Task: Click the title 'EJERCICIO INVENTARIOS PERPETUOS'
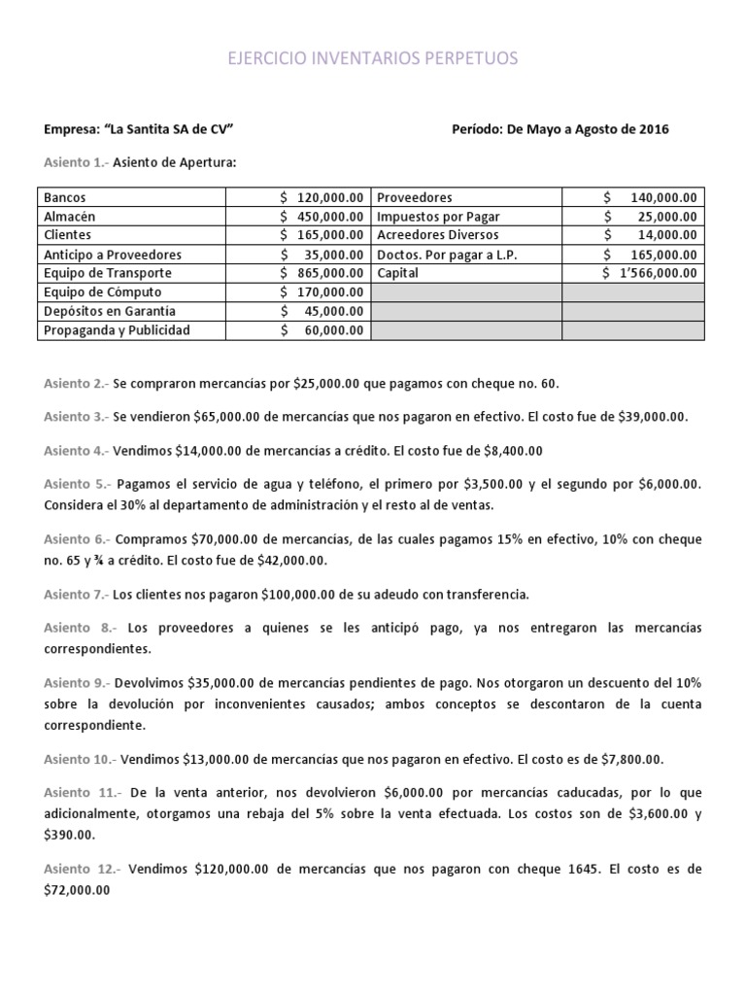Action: [x=373, y=59]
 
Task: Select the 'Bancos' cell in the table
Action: [x=66, y=197]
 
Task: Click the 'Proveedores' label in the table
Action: [x=414, y=197]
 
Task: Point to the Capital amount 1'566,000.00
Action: [x=659, y=273]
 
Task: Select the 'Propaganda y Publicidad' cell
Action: [x=118, y=329]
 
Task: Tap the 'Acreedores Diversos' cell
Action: [x=437, y=235]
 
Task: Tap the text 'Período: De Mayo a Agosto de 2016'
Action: [x=560, y=129]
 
